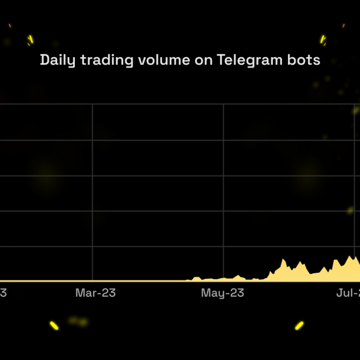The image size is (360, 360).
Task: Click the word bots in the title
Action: tap(305, 60)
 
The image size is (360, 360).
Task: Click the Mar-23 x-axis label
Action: tap(95, 293)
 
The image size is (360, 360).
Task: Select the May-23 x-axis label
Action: tap(223, 293)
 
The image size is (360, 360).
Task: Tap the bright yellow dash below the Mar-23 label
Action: tap(54, 326)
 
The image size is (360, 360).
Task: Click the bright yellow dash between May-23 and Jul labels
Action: tap(299, 325)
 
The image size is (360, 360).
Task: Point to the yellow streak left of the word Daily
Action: tap(30, 39)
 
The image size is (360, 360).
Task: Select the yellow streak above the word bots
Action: tap(323, 39)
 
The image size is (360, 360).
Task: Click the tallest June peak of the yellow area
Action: tap(284, 260)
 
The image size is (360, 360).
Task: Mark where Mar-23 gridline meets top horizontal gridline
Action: tap(92, 104)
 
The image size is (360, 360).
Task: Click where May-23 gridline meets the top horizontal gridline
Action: tap(223, 104)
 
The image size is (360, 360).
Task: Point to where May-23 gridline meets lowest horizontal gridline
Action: tap(223, 247)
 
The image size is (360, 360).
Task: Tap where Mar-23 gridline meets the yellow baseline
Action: tap(92, 281)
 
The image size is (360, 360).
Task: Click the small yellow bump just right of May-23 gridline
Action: tap(238, 276)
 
